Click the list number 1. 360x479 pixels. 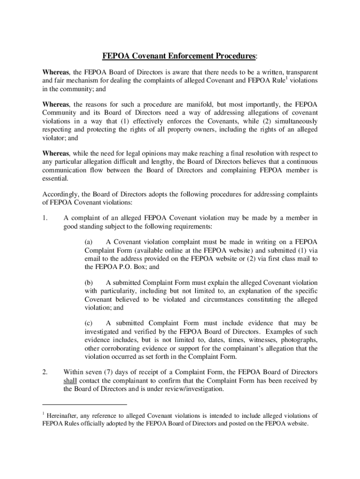click(45, 218)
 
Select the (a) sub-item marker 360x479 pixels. click(88, 242)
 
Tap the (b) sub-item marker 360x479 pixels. click(88, 283)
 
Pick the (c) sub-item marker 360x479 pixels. click(88, 323)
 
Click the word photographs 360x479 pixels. click(300, 340)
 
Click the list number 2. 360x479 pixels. click(45, 372)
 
